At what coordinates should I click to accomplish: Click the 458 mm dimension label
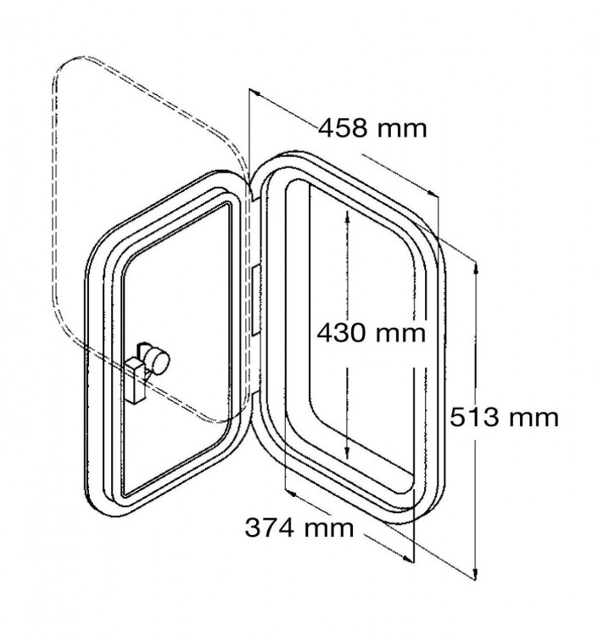[372, 128]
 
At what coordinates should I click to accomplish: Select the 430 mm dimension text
[372, 334]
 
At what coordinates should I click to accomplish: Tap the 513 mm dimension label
[504, 417]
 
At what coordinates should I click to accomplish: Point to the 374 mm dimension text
[299, 527]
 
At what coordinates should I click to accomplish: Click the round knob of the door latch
[159, 360]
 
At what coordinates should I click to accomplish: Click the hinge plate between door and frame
[255, 301]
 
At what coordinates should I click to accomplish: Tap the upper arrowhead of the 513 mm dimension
[476, 268]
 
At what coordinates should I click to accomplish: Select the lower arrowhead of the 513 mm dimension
[475, 573]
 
